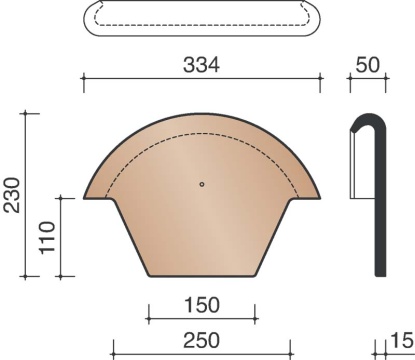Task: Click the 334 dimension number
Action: pos(202,65)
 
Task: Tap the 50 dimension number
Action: pos(368,65)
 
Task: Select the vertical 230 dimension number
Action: pos(12,195)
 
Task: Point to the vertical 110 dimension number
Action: pos(47,237)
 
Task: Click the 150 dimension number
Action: pos(202,305)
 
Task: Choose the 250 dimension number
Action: pos(202,340)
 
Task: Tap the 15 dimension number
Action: pos(402,340)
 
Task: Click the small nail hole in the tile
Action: pos(202,184)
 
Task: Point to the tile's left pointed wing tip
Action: pos(84,198)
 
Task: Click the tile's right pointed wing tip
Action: pos(320,198)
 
